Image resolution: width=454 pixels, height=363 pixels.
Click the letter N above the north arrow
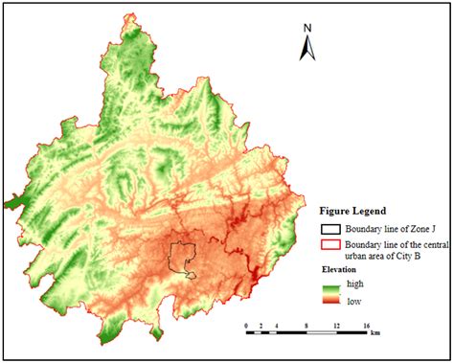point(307,27)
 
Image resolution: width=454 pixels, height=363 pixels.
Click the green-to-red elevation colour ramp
point(330,293)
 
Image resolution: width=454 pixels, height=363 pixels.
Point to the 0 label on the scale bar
point(247,327)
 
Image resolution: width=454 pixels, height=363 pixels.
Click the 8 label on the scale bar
point(306,327)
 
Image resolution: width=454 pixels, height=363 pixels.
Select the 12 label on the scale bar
point(336,327)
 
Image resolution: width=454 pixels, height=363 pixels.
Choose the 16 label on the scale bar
point(366,327)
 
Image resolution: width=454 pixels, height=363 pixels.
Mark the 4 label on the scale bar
point(277,327)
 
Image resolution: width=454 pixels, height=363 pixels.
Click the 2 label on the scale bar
point(261,327)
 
